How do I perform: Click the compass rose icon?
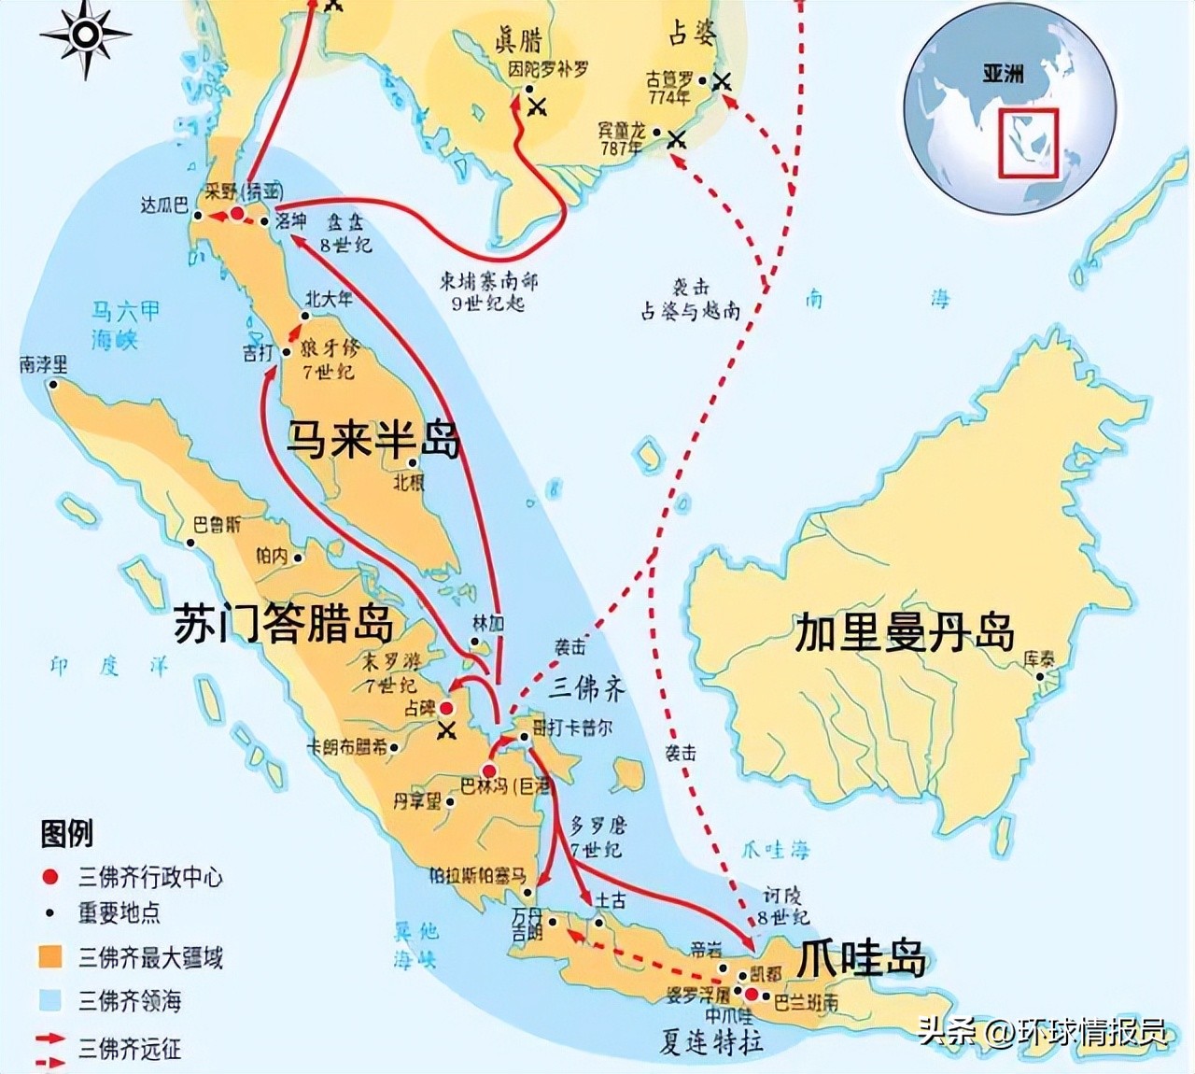[85, 35]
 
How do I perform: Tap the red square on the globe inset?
[1028, 143]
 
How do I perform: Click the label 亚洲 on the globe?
[1003, 74]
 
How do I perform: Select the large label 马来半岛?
[373, 438]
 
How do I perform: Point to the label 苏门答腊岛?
[284, 625]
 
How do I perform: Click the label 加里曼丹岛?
[904, 632]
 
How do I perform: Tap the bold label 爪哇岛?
[862, 958]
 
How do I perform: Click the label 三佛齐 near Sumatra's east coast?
[586, 688]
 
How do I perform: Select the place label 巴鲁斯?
[217, 524]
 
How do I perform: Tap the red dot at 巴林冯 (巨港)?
[489, 770]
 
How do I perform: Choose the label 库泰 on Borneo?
[1039, 658]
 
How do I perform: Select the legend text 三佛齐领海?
[130, 1001]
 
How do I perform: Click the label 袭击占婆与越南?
[690, 300]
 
